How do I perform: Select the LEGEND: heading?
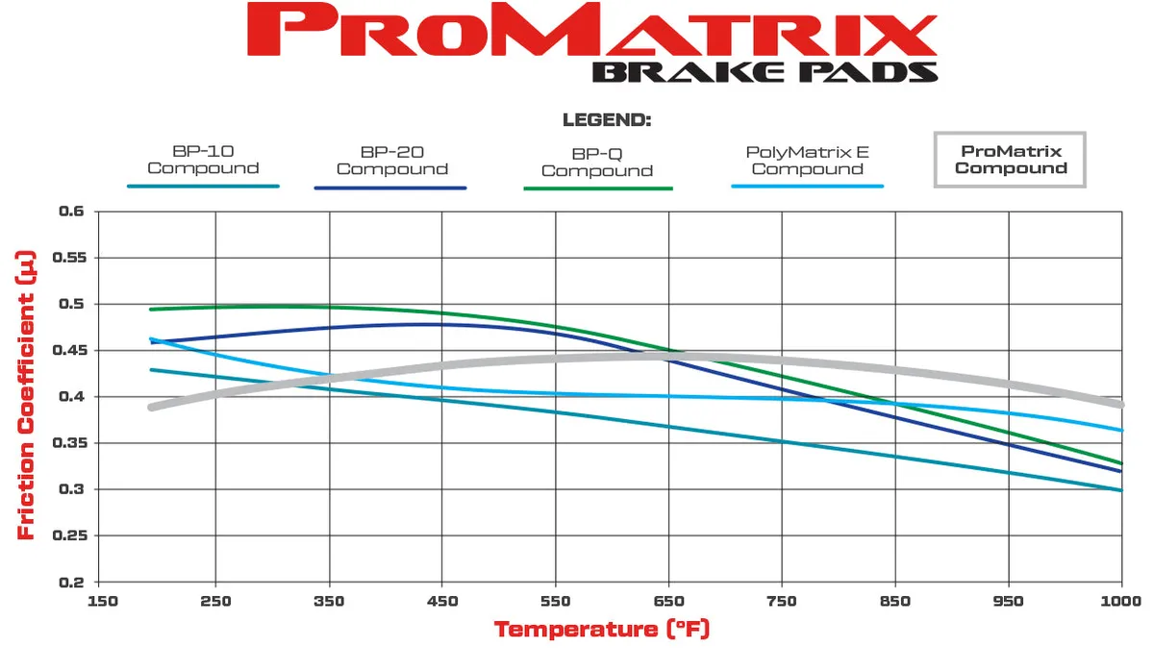tap(606, 121)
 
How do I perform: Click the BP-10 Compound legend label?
tap(203, 160)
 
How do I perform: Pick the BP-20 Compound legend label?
tap(391, 161)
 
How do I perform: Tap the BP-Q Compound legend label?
tap(596, 162)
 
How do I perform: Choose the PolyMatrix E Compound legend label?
tap(807, 161)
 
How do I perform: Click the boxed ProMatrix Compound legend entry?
tap(1010, 160)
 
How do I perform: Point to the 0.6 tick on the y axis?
tap(72, 212)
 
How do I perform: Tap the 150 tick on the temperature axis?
tap(102, 600)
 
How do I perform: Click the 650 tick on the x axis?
tap(668, 600)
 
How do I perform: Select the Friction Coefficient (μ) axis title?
tap(26, 394)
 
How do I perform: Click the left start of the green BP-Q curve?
tap(151, 310)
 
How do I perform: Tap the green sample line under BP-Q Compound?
tap(596, 188)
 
